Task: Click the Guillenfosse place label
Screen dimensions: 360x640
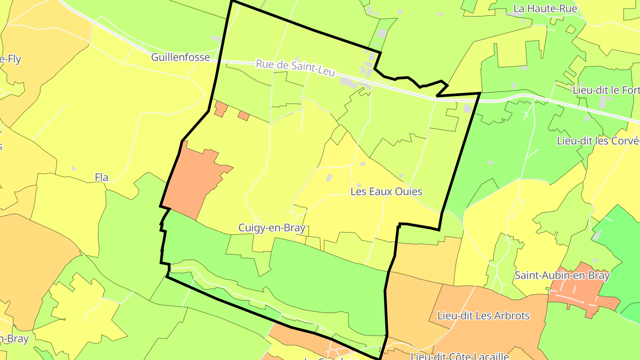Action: pyautogui.click(x=180, y=57)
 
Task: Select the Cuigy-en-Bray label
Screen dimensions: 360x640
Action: pyautogui.click(x=272, y=228)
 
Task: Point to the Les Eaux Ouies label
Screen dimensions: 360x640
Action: pyautogui.click(x=386, y=192)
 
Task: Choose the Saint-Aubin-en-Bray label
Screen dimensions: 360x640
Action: pyautogui.click(x=562, y=276)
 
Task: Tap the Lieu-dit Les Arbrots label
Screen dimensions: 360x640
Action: pyautogui.click(x=484, y=316)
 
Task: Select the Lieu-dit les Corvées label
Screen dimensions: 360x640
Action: pyautogui.click(x=598, y=141)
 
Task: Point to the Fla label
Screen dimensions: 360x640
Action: pyautogui.click(x=102, y=178)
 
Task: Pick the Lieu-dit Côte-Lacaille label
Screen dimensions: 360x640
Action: pyautogui.click(x=460, y=356)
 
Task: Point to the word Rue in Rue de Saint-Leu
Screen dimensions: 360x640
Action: pyautogui.click(x=264, y=64)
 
